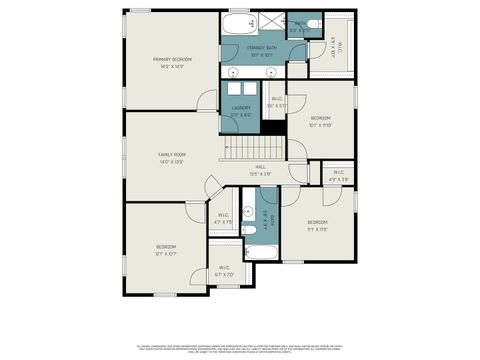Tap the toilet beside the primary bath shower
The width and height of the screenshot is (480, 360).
point(313,23)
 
